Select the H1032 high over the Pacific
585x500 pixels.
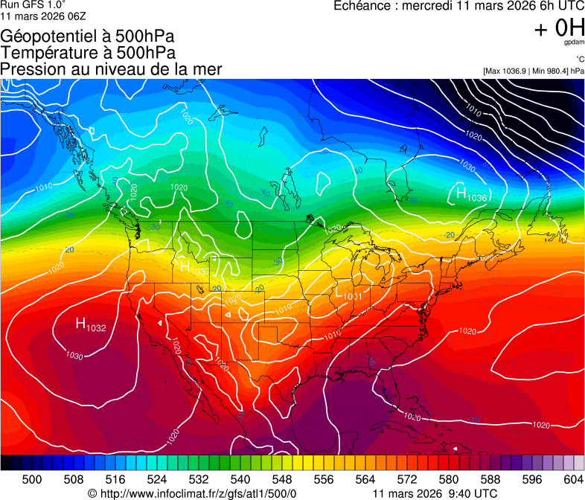pyautogui.click(x=91, y=324)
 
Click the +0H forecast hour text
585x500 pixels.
pyautogui.click(x=559, y=28)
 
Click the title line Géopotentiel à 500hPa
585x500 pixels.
pyautogui.click(x=87, y=36)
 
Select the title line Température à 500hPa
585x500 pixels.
pyautogui.click(x=88, y=53)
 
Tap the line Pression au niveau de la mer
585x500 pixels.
pyautogui.click(x=111, y=69)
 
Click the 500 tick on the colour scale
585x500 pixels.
pyautogui.click(x=32, y=479)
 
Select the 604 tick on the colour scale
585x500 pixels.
pyautogui.click(x=573, y=479)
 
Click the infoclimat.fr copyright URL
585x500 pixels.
pyautogui.click(x=192, y=493)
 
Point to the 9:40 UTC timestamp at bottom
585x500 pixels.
pyautogui.click(x=476, y=493)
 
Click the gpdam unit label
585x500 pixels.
pyautogui.click(x=573, y=42)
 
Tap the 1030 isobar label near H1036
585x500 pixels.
pyautogui.click(x=467, y=165)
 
